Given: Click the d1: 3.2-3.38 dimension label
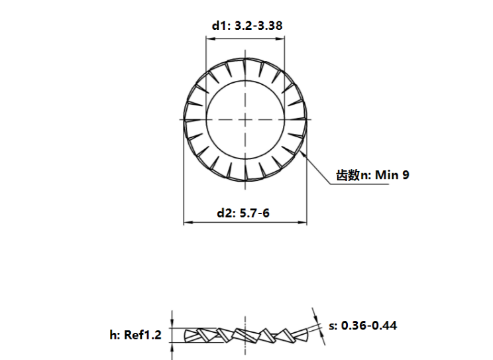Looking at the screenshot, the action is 247,25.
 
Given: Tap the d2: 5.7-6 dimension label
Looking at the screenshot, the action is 243,213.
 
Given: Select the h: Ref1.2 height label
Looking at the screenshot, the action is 136,335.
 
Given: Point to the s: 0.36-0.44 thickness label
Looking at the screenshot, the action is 363,326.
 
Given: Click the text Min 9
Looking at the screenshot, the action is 392,174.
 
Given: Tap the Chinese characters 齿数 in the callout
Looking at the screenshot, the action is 348,175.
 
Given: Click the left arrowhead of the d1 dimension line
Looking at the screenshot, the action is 210,38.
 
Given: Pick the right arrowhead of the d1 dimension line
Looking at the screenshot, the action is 280,38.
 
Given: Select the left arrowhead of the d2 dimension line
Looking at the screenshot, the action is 188,223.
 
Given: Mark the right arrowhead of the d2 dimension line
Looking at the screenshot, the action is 302,223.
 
